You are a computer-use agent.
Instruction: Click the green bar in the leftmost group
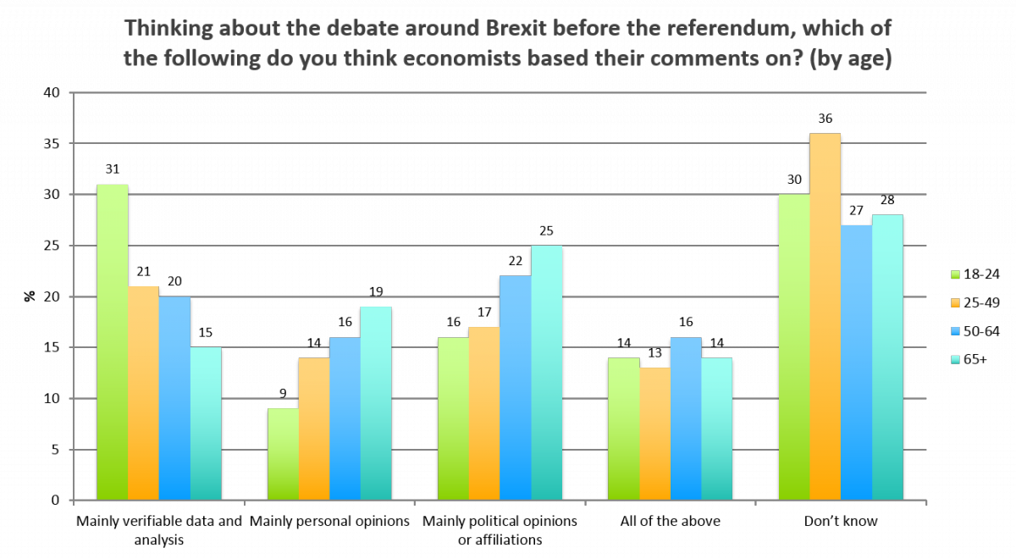click(x=113, y=342)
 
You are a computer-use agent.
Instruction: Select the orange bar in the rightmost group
click(x=825, y=317)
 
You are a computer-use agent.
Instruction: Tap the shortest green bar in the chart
click(x=284, y=454)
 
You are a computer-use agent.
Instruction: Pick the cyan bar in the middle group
click(x=546, y=373)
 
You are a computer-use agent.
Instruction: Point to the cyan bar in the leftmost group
click(x=206, y=423)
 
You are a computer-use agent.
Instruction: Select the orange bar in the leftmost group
click(x=143, y=393)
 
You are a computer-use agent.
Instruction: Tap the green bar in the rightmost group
click(x=794, y=347)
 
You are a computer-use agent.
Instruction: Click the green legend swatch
click(x=956, y=274)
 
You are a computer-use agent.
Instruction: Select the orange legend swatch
click(x=956, y=302)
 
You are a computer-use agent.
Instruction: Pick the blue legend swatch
click(x=956, y=331)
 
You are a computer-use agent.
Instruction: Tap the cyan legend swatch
click(x=956, y=359)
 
